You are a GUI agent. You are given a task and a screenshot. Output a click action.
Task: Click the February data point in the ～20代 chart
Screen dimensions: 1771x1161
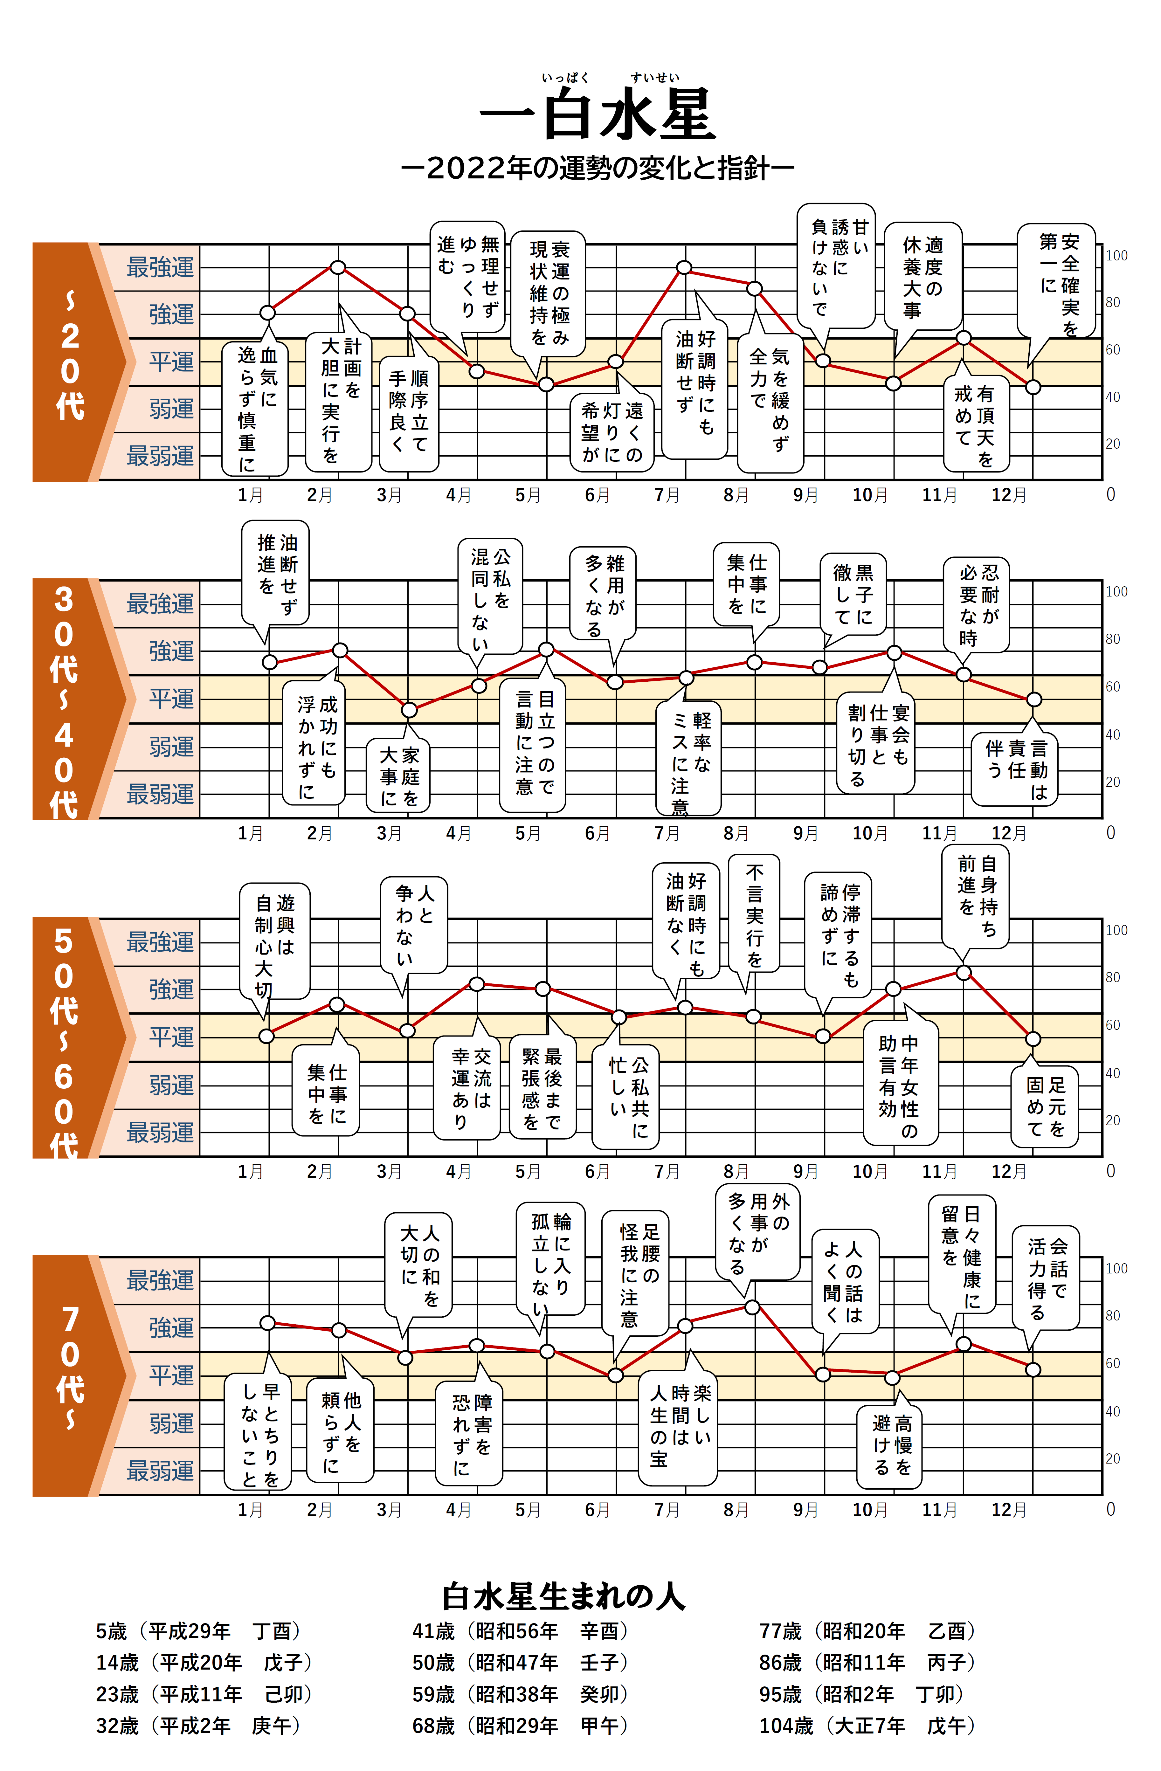point(338,267)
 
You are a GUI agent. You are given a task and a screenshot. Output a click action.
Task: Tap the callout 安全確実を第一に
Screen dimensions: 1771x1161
point(1057,281)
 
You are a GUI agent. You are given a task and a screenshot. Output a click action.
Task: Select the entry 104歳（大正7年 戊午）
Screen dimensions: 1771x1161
point(867,1726)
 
